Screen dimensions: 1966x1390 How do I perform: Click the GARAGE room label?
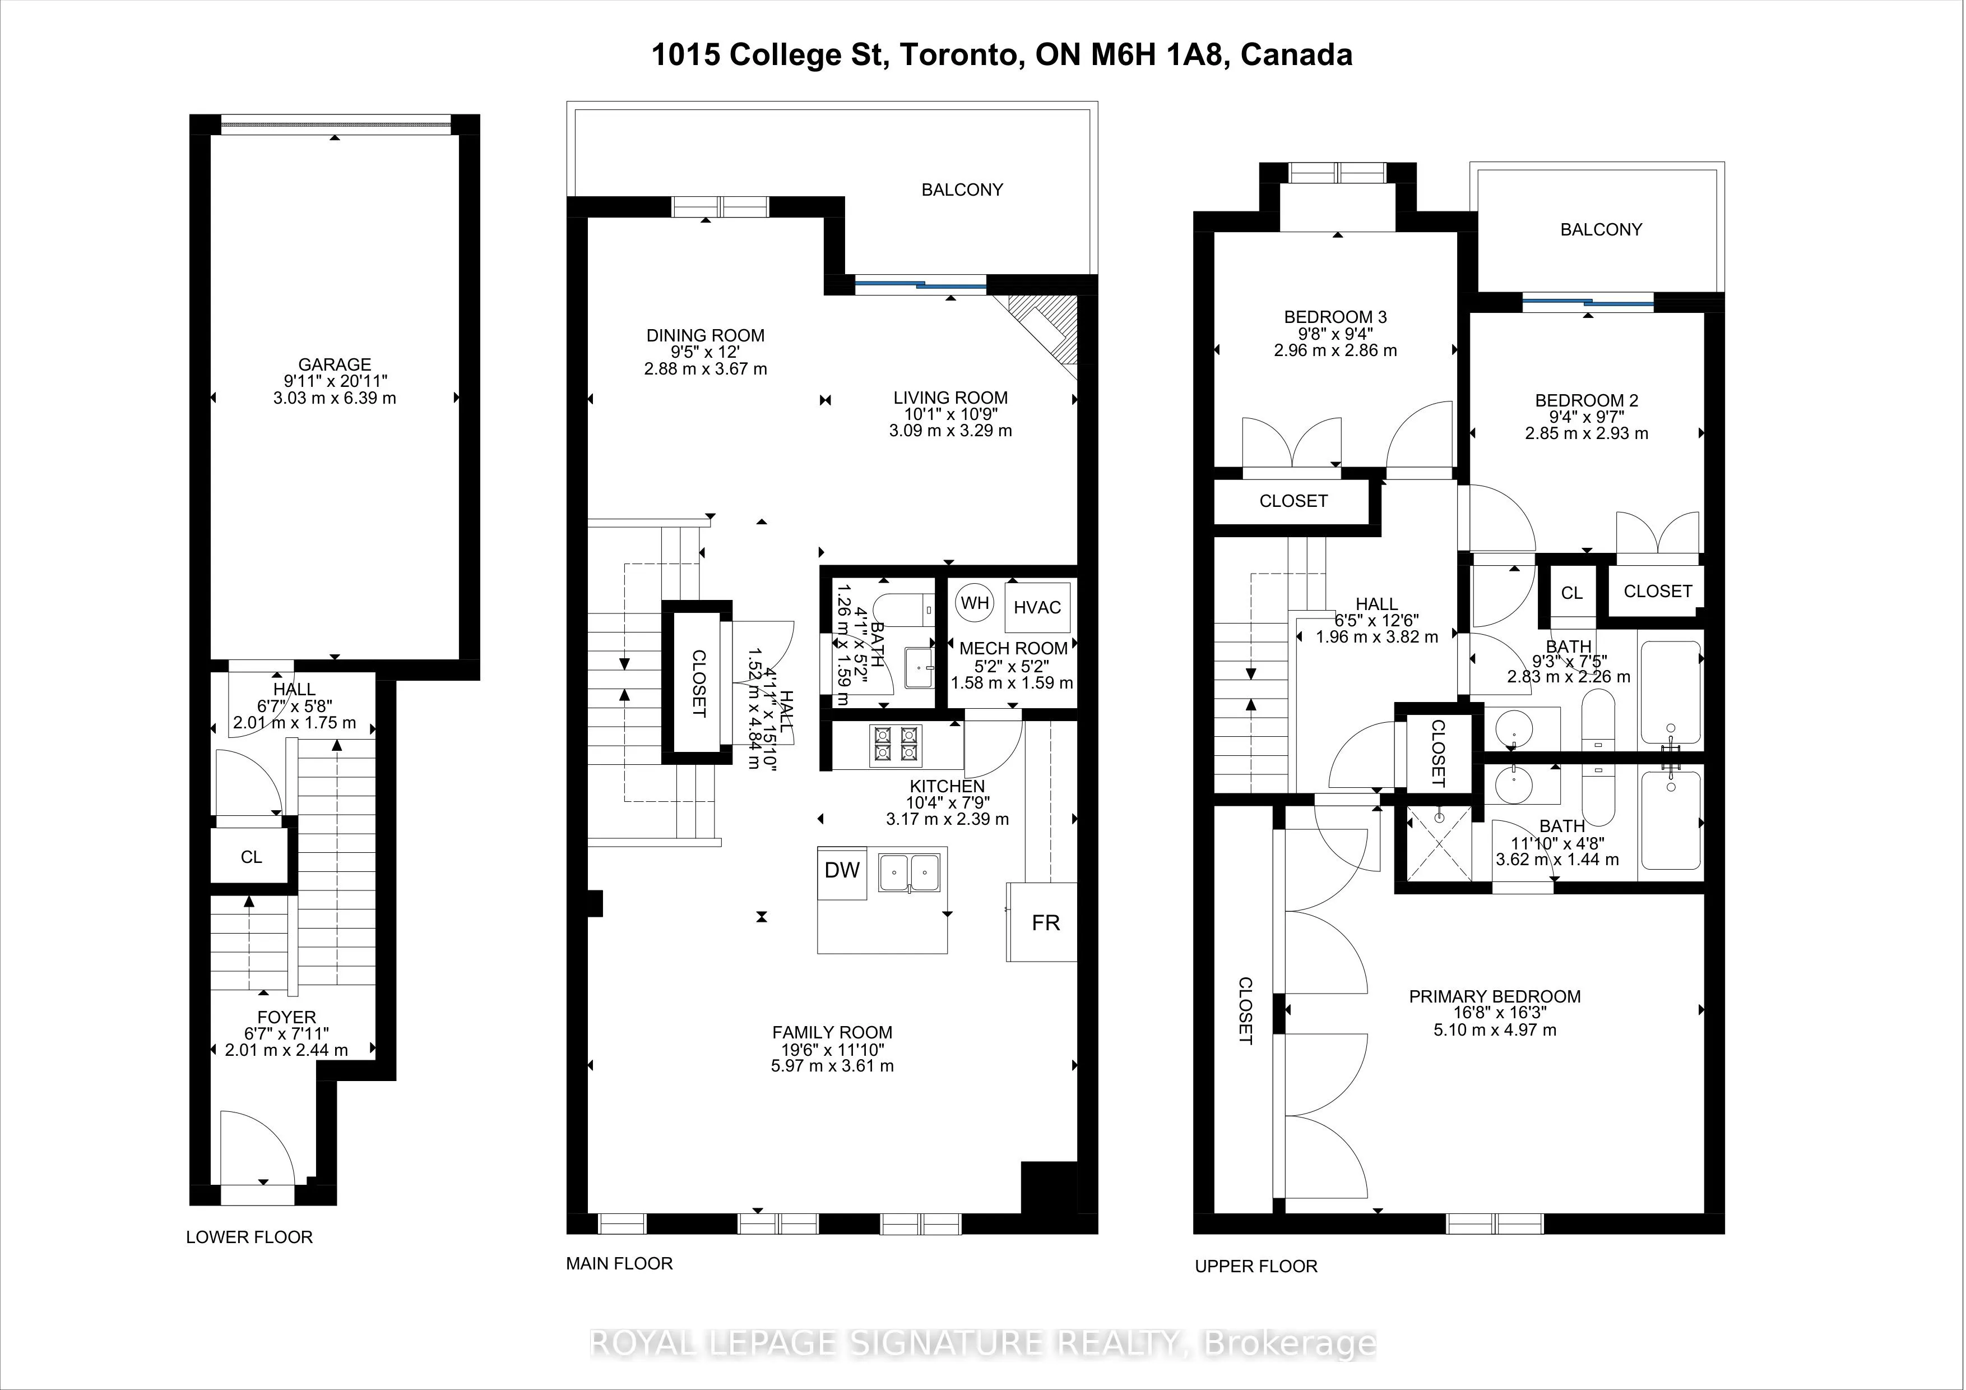(x=335, y=364)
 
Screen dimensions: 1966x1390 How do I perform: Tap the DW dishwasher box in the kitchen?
(x=842, y=872)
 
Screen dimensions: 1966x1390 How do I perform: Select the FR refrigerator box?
(x=1042, y=922)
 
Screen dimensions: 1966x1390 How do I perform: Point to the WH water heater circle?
(x=975, y=603)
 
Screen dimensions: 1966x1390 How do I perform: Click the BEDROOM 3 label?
(x=1335, y=317)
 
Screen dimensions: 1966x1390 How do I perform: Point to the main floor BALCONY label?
(x=962, y=190)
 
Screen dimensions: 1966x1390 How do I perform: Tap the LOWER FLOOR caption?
(x=249, y=1237)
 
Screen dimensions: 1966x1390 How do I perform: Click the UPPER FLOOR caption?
(x=1256, y=1266)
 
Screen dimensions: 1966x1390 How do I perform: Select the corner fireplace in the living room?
(x=1044, y=330)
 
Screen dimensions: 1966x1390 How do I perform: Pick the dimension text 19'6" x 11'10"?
(x=832, y=1049)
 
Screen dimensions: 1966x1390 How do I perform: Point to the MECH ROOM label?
(x=1013, y=648)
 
